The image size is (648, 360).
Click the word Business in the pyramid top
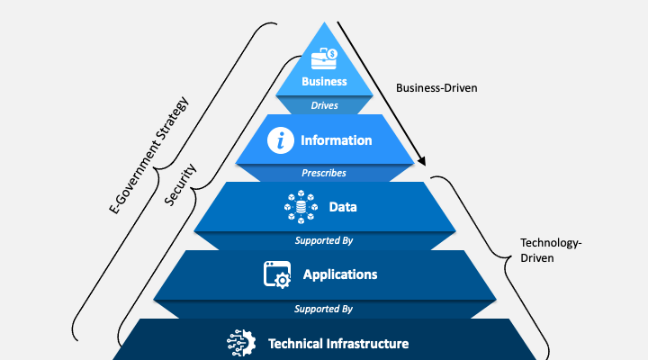click(324, 82)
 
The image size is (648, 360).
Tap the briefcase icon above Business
click(322, 59)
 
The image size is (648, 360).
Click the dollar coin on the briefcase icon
click(332, 54)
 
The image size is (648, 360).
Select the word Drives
click(324, 105)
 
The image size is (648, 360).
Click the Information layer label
click(337, 140)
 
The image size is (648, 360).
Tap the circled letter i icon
click(283, 140)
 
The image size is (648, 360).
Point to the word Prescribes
click(324, 173)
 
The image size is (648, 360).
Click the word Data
click(343, 207)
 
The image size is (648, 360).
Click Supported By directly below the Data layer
click(323, 240)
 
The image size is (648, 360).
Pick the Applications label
click(340, 274)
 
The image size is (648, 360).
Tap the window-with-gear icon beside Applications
click(276, 274)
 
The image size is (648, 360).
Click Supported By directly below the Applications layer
click(323, 309)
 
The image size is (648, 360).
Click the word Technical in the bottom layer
click(300, 344)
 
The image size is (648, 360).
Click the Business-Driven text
click(436, 88)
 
